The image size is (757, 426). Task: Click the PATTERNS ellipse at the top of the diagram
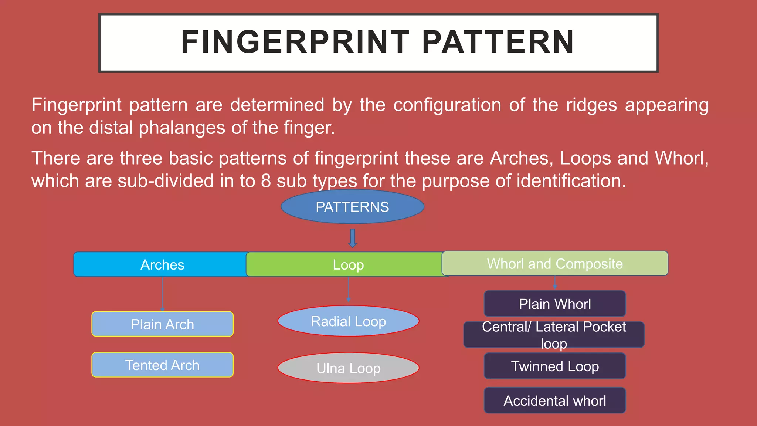352,207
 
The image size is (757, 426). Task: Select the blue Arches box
162,264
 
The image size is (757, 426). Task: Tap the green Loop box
348,264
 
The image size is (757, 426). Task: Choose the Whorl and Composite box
555,263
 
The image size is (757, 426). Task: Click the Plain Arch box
162,324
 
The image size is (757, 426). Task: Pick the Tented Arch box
162,365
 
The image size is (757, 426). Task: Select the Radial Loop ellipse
348,321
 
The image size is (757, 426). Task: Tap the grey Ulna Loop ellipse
348,368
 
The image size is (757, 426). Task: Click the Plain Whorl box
555,304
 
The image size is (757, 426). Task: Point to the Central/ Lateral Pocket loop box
554,335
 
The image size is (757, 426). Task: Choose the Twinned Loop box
555,366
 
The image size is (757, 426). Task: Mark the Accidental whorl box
555,400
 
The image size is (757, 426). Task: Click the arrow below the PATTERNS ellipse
353,238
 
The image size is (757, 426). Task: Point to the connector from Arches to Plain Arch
162,294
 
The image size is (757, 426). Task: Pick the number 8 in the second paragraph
266,181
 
